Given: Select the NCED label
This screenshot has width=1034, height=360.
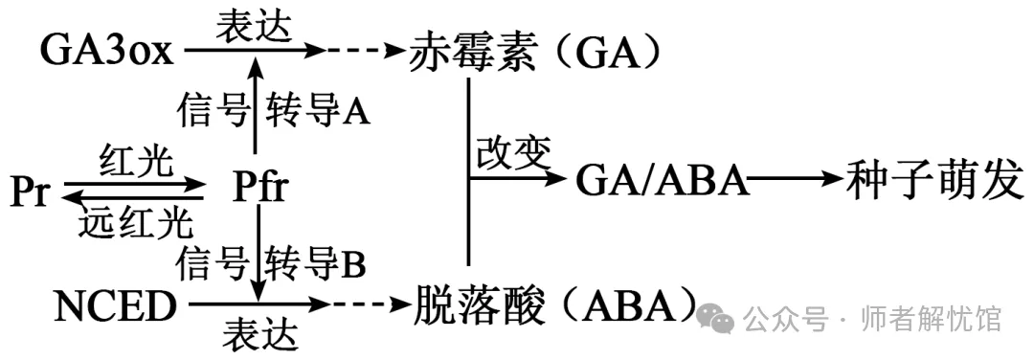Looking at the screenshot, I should pos(115,308).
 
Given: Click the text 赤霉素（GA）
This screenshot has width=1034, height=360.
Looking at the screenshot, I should pos(537,50).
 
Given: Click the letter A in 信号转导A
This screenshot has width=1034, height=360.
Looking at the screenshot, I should pos(356,112).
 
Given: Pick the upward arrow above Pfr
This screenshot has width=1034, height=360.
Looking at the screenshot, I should pos(256,105).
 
